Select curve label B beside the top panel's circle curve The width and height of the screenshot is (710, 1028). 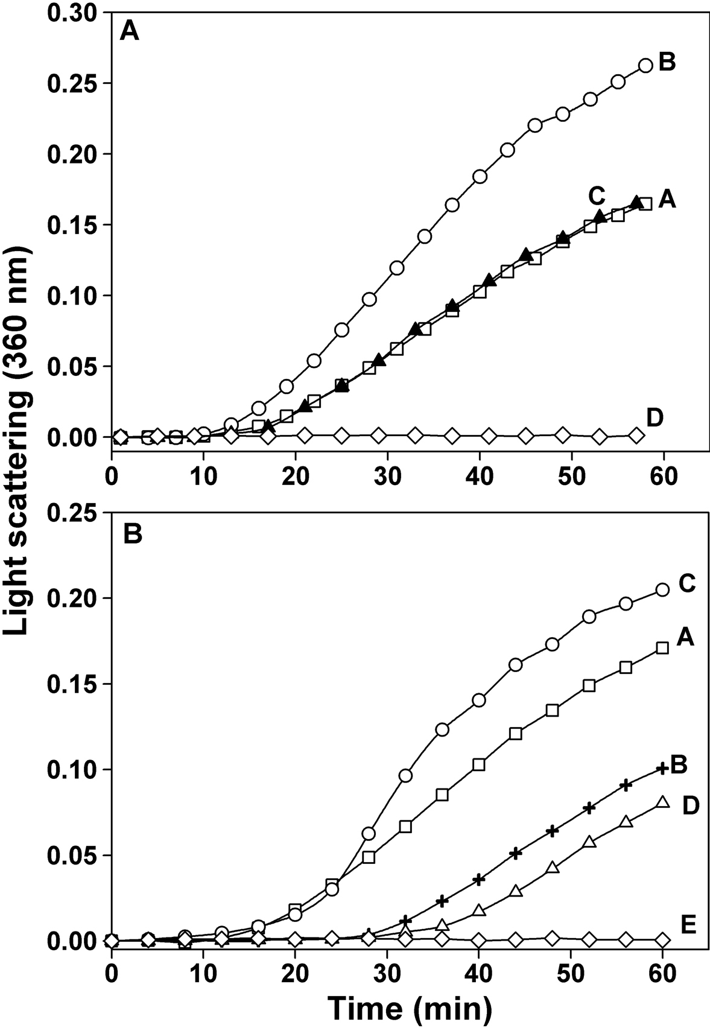667,62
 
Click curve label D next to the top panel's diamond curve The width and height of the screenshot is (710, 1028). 655,416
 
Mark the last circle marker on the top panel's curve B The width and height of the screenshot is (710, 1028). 645,66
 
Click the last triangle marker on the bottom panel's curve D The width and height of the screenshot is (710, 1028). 662,802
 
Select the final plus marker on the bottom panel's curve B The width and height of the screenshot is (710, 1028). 662,768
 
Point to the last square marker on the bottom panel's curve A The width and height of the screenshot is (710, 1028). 662,648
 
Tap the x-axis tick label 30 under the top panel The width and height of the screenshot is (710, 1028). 389,470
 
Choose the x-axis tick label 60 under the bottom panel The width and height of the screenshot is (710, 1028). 663,974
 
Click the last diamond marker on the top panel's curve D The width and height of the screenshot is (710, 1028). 636,436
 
